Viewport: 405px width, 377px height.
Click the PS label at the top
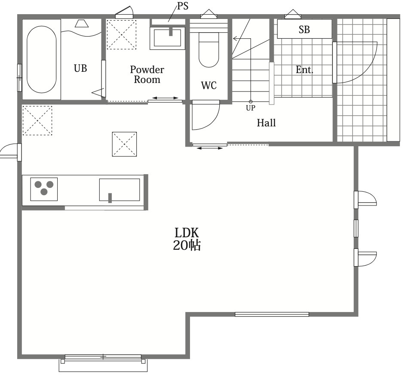(x=183, y=6)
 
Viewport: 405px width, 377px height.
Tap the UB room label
(x=80, y=68)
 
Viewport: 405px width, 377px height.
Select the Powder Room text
(x=147, y=74)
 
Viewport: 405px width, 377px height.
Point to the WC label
(x=209, y=86)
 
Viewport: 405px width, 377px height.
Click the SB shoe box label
(x=304, y=30)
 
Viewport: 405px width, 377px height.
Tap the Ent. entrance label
(x=304, y=70)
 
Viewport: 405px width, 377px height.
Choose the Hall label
(x=266, y=123)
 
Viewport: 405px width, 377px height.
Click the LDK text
(x=187, y=233)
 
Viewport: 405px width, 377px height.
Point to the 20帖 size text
(x=187, y=245)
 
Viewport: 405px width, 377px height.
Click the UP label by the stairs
(x=251, y=108)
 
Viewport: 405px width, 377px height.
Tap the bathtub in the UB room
(x=41, y=59)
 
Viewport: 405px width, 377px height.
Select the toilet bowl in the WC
(x=209, y=49)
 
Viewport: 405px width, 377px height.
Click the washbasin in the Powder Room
(x=167, y=38)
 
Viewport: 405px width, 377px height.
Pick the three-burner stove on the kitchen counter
(x=44, y=189)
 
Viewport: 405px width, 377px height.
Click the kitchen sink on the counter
(x=120, y=190)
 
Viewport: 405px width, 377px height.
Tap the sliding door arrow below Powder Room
(x=165, y=98)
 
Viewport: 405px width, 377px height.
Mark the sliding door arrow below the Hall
(x=209, y=148)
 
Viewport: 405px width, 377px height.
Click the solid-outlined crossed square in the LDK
(x=125, y=144)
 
